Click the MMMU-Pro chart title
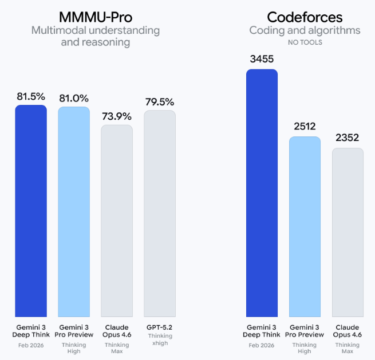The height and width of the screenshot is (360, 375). pos(96,17)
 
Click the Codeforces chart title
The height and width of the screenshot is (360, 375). pos(305,17)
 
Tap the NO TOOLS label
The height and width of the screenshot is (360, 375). pos(305,42)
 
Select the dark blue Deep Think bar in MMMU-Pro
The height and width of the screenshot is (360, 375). pos(31,211)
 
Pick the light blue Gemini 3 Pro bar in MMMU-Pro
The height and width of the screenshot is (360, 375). pos(74,212)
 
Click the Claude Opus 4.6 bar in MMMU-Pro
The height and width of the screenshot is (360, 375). pos(117,221)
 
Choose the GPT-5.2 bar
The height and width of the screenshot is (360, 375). pos(160,213)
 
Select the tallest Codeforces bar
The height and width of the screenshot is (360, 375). pos(262,193)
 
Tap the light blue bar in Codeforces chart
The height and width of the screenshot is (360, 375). pos(305,226)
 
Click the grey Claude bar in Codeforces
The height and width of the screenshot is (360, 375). pos(348,232)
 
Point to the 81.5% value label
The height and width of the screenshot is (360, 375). pos(31,96)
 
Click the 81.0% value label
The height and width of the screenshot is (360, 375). pos(74,98)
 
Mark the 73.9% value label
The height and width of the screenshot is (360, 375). pos(117,116)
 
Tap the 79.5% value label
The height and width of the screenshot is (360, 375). pos(160,102)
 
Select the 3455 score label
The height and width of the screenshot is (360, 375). pos(262,59)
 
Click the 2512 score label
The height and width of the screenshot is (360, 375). pos(305,126)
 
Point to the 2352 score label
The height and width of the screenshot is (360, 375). pos(348,138)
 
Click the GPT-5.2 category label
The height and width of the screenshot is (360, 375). pos(160,327)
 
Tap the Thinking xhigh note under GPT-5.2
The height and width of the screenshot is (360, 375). pos(160,339)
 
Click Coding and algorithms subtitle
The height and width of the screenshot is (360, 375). pos(305,30)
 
